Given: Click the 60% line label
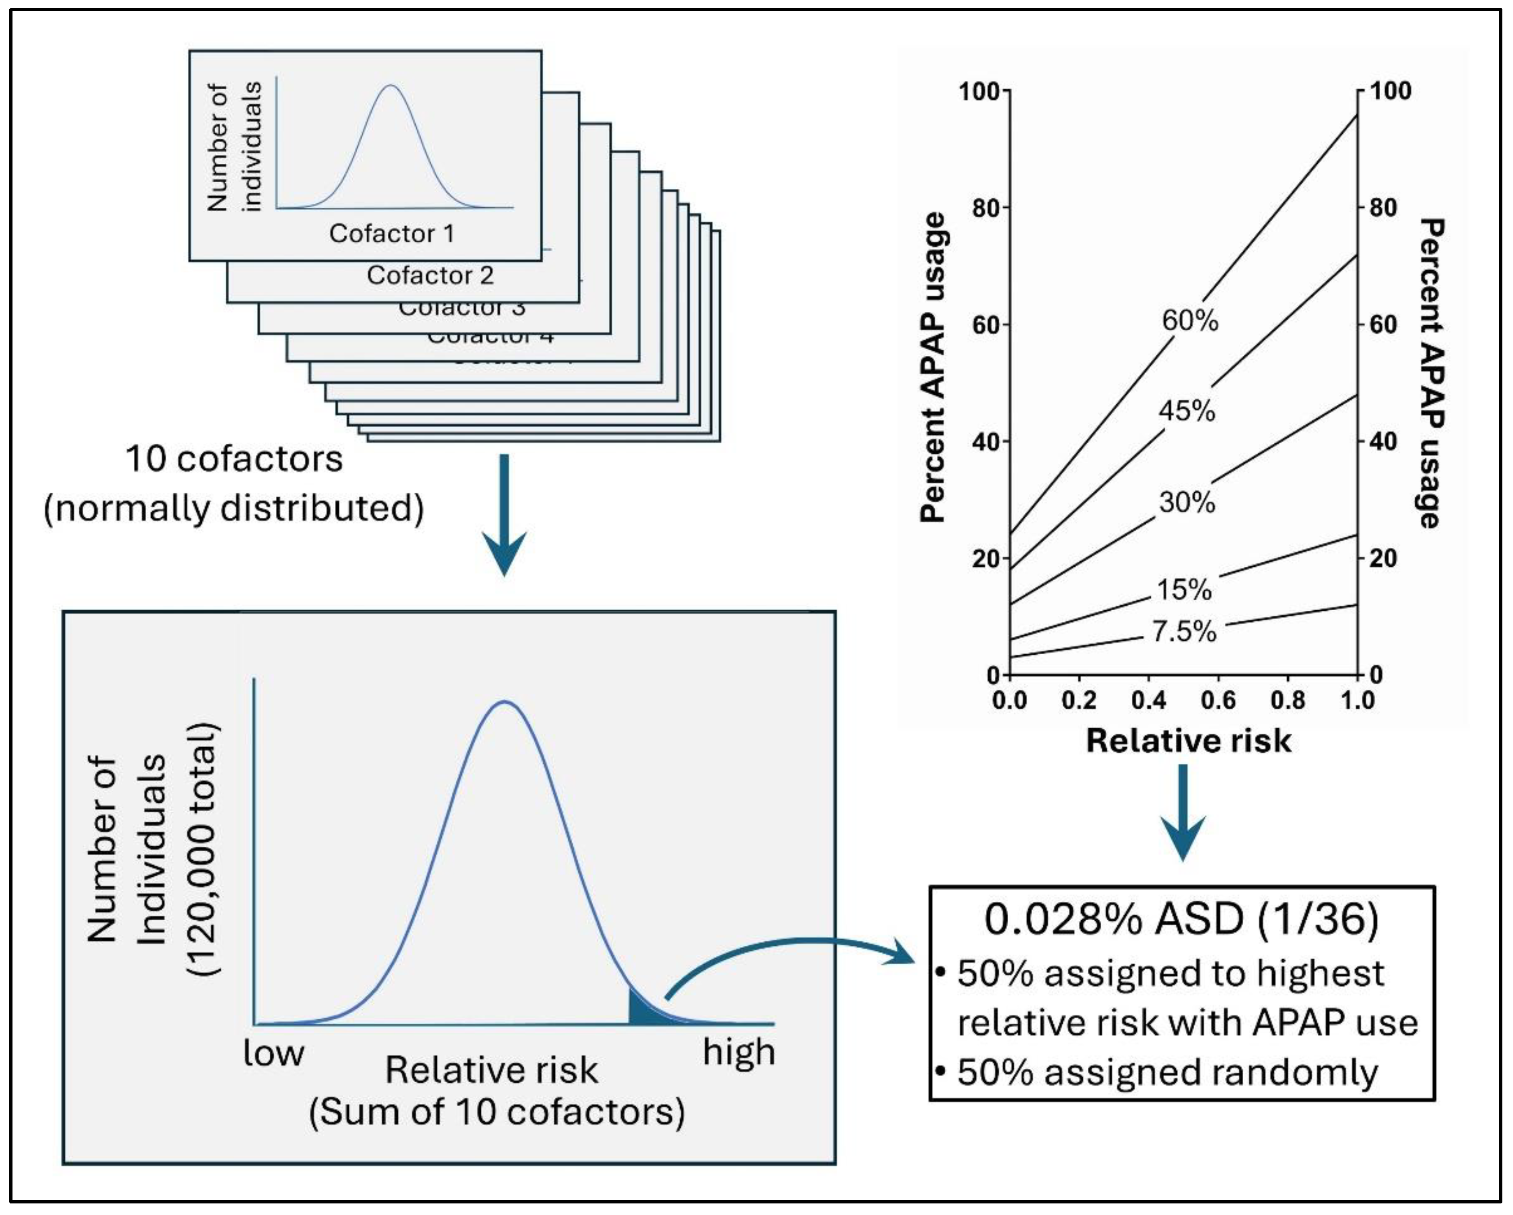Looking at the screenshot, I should pyautogui.click(x=1190, y=321).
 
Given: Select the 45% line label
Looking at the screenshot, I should pyautogui.click(x=1187, y=410).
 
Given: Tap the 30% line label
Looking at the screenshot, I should pyautogui.click(x=1187, y=502).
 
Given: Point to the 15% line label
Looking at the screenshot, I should pyautogui.click(x=1184, y=589).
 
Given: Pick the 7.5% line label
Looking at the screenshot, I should pyautogui.click(x=1184, y=632).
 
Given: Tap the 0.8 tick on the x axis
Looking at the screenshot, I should pyautogui.click(x=1288, y=700).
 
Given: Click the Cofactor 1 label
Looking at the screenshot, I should pyautogui.click(x=391, y=234).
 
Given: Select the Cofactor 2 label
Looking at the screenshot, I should pyautogui.click(x=430, y=275).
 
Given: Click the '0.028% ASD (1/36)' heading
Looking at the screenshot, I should pyautogui.click(x=1181, y=919).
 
